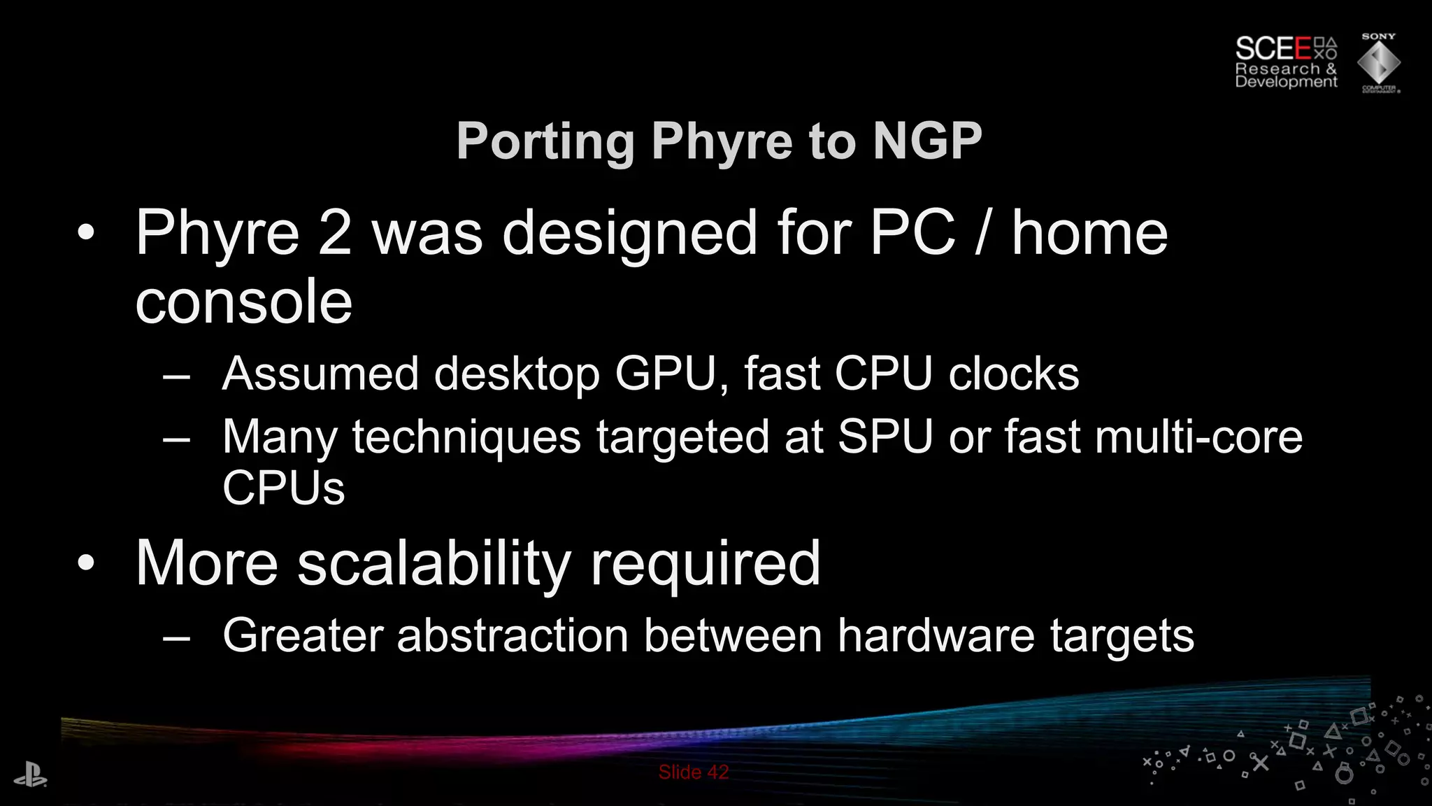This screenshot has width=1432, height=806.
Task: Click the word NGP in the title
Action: (x=927, y=141)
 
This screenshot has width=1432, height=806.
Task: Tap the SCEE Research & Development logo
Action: (x=1285, y=63)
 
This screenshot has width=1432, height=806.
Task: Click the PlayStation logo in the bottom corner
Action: (x=30, y=776)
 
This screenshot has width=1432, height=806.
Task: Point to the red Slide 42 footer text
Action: (x=693, y=772)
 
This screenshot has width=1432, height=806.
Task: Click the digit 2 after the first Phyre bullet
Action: (x=334, y=233)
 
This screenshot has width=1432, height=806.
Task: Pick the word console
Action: (x=243, y=302)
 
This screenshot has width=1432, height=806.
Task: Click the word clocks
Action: (x=1013, y=374)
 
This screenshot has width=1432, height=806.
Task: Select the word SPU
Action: (x=885, y=437)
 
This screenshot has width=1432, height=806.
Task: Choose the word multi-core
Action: (x=1198, y=437)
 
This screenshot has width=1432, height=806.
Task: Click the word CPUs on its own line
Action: (x=283, y=488)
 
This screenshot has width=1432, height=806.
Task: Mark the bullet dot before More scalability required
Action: (x=85, y=563)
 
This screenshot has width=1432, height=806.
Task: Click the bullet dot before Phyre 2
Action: (x=85, y=234)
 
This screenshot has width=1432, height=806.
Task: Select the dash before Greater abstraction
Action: (x=176, y=637)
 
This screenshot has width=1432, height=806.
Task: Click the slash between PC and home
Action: (x=982, y=233)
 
